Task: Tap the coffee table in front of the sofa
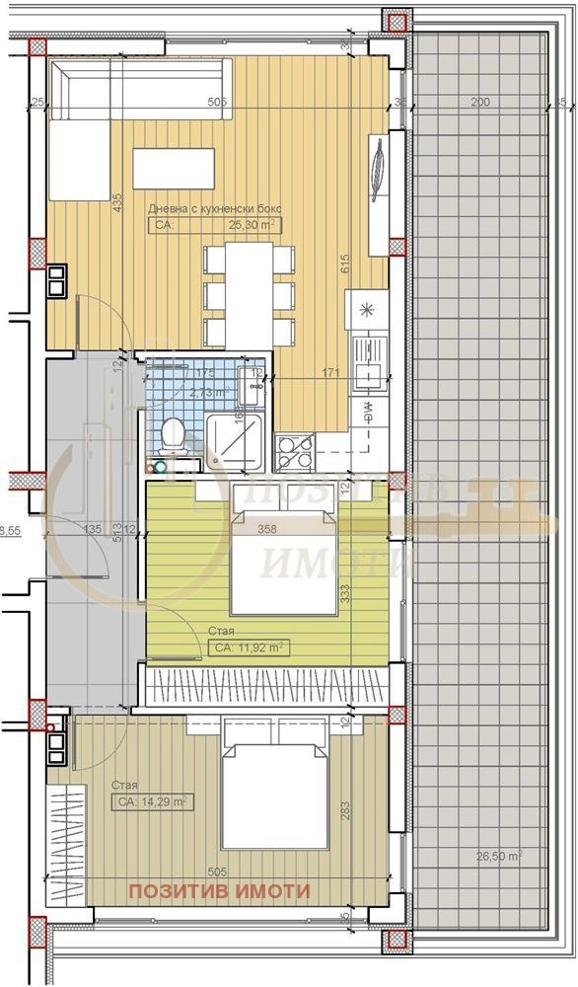click(174, 168)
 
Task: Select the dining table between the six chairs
click(249, 294)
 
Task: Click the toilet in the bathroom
click(174, 435)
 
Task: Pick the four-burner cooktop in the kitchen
click(294, 452)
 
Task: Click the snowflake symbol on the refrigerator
click(367, 310)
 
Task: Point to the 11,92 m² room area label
click(248, 648)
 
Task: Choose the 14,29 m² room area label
click(153, 801)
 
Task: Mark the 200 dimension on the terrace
click(479, 102)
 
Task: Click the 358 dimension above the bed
click(266, 529)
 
